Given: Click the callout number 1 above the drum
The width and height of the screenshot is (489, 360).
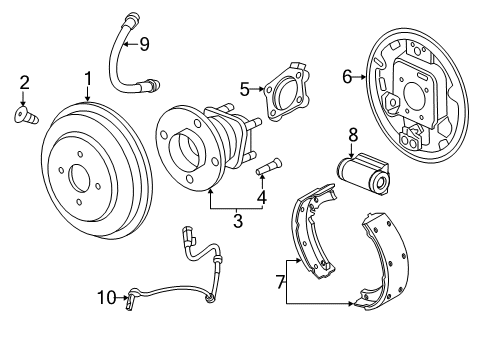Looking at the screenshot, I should (x=88, y=78).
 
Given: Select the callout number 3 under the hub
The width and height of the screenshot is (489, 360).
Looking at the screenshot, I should (x=238, y=220).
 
